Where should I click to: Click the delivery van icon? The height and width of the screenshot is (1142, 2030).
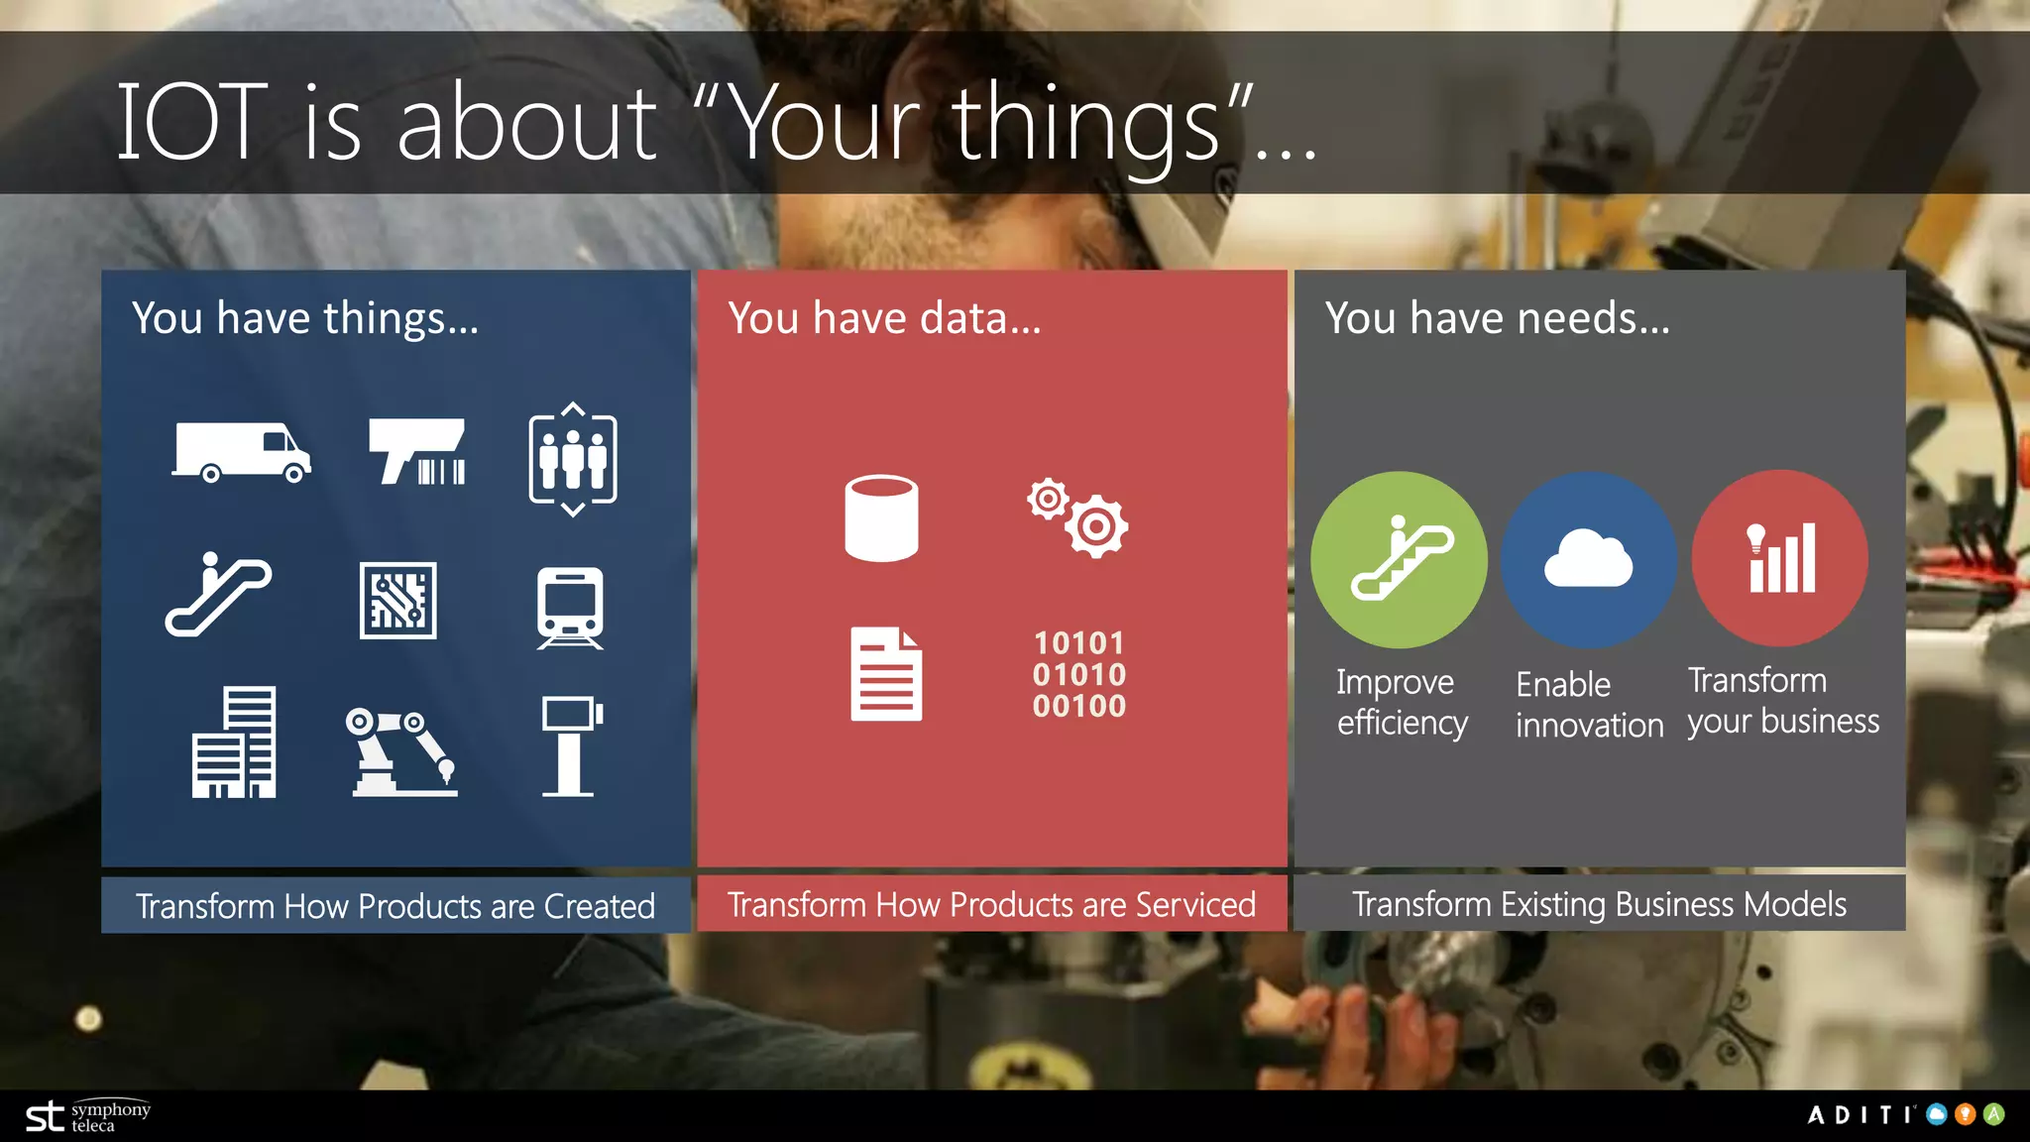[241, 452]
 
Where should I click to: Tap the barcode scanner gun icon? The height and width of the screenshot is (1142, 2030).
[416, 452]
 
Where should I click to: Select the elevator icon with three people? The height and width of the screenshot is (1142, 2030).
[573, 459]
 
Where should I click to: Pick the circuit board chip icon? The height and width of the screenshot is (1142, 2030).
[397, 601]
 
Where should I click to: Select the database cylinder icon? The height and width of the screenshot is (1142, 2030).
[881, 517]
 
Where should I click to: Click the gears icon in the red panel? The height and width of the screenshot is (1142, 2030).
[1077, 517]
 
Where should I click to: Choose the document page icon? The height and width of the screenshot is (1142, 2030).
[886, 674]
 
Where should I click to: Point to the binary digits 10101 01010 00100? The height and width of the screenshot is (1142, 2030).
[1079, 674]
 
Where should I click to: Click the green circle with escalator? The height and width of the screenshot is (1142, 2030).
[1399, 560]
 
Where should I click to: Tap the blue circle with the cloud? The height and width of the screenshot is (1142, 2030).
[1588, 560]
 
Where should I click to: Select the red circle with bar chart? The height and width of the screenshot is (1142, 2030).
[1780, 558]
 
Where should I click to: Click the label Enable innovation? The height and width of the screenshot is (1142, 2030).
[1589, 705]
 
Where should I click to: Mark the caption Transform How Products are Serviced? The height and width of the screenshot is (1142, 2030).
[991, 904]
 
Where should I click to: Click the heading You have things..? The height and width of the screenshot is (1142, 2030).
[305, 318]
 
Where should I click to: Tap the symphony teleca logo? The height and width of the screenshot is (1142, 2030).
[88, 1116]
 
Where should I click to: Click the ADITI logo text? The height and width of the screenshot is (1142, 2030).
[1861, 1115]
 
